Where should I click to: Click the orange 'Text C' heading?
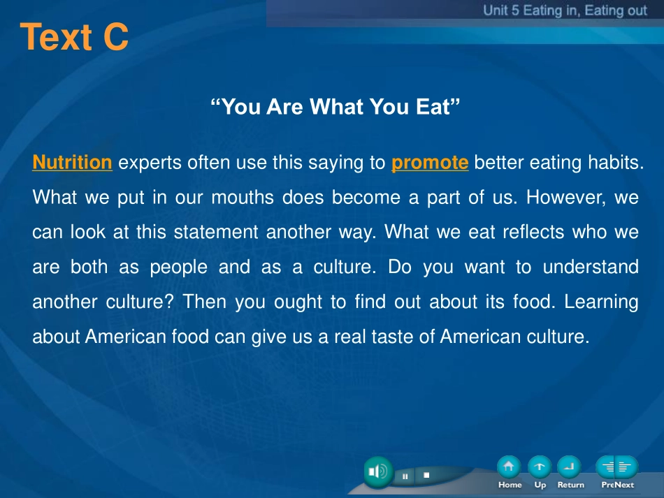point(74,37)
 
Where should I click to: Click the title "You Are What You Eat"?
point(335,107)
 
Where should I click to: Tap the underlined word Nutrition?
point(73,163)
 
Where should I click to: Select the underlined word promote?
point(430,163)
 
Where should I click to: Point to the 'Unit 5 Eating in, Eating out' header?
point(565,10)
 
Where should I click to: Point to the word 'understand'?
point(591,267)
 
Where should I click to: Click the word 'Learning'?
point(601,302)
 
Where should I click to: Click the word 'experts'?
point(150,163)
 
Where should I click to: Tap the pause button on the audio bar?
point(405,476)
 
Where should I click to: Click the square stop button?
point(426,475)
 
